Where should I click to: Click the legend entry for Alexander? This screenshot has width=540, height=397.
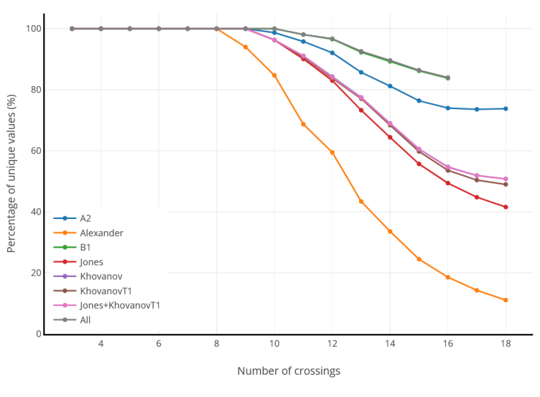101,233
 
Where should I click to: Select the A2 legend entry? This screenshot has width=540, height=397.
85,218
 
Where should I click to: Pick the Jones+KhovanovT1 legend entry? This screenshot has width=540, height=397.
119,305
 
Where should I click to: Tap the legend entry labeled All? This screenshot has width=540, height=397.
85,319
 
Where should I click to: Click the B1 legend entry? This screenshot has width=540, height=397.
85,247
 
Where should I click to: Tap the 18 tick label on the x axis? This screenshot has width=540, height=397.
506,345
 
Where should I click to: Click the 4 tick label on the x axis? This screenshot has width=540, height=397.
101,345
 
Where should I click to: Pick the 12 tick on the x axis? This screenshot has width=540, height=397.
332,345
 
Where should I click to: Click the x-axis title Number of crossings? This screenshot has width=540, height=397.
289,371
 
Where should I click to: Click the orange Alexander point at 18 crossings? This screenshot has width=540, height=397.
506,300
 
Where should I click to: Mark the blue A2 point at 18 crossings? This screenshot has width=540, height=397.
506,108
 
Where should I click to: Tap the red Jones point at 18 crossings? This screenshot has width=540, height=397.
506,207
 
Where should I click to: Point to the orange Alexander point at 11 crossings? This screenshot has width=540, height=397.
303,124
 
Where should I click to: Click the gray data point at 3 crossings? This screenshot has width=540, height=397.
72,29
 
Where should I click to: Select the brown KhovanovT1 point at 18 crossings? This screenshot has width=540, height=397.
506,185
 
